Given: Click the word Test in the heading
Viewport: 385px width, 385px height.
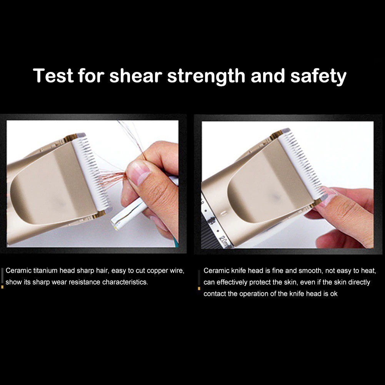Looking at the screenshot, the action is click(x=53, y=75).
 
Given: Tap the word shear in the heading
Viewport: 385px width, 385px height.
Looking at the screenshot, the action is click(x=135, y=75).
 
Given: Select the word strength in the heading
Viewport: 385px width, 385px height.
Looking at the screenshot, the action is click(x=206, y=77).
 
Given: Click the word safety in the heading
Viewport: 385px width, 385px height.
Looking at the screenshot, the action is click(x=318, y=77).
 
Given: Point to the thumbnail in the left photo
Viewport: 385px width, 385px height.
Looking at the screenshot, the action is click(x=138, y=173).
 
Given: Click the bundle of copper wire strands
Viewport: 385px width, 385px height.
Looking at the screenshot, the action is click(x=112, y=178).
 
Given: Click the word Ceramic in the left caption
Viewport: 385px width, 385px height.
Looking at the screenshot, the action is click(x=18, y=271).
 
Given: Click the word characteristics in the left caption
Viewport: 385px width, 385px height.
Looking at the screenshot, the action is click(x=125, y=282).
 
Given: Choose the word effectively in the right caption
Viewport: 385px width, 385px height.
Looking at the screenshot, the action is click(x=232, y=282).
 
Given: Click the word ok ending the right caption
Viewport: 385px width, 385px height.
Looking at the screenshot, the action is click(x=334, y=294).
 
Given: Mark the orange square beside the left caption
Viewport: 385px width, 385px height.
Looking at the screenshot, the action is click(x=2, y=287).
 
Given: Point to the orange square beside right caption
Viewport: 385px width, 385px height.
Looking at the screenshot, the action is click(x=199, y=288).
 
